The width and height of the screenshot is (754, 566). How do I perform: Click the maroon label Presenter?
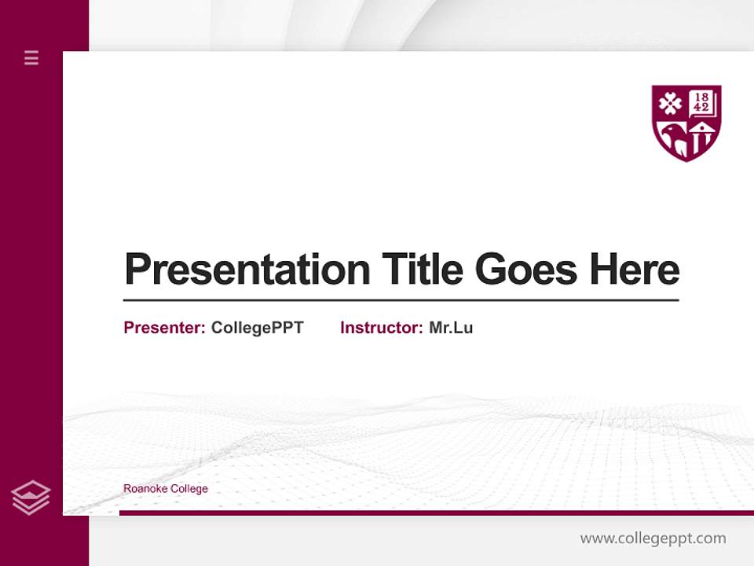click(x=164, y=328)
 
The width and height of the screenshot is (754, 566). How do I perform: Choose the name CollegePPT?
click(x=257, y=328)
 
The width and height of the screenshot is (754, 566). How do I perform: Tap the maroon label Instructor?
click(x=381, y=328)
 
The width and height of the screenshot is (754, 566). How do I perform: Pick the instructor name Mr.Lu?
click(x=451, y=328)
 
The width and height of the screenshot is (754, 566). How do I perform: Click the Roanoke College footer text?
click(x=166, y=489)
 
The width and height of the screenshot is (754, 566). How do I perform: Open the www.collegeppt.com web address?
click(x=653, y=538)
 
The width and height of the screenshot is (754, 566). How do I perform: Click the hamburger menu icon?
click(x=31, y=57)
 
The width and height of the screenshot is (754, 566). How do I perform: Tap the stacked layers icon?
click(x=31, y=498)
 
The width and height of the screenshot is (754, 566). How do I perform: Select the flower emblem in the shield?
click(x=670, y=104)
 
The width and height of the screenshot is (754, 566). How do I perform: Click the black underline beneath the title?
click(x=401, y=300)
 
